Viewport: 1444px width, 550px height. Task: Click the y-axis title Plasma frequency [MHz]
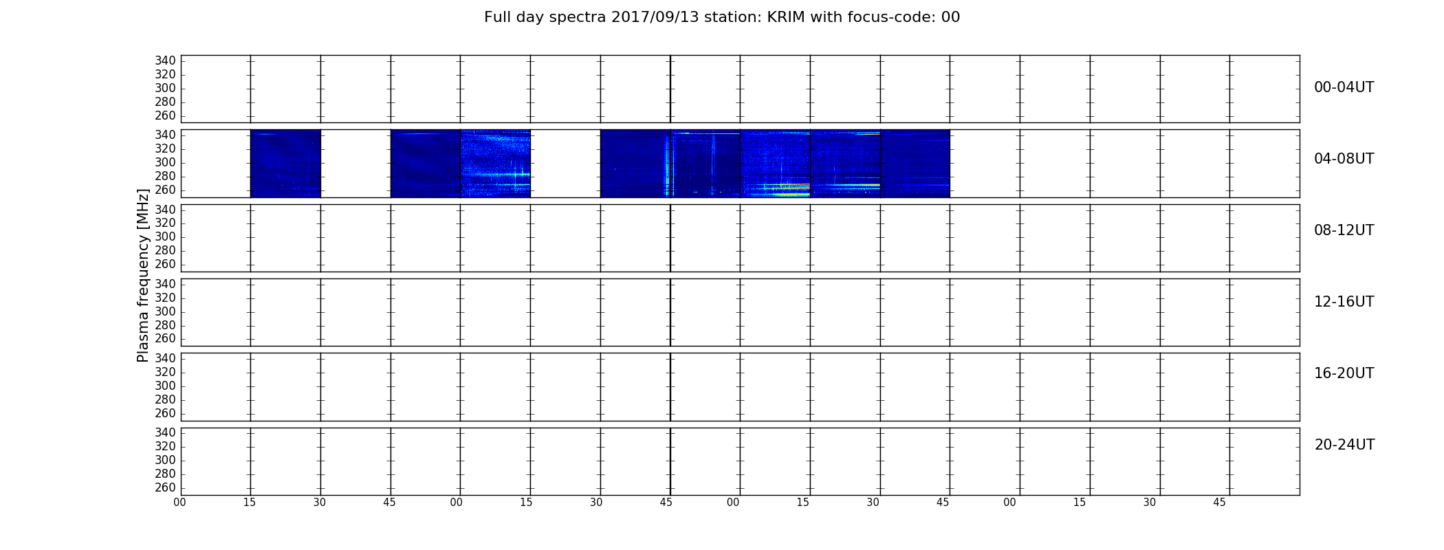(143, 275)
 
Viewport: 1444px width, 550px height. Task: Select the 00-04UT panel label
(1344, 87)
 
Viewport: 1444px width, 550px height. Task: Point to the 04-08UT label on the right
(1344, 159)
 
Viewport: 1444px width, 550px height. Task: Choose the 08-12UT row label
(1344, 230)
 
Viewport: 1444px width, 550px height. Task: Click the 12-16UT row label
(1344, 302)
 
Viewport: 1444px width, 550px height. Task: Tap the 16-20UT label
(1344, 373)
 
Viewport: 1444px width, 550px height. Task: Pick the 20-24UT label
(1344, 445)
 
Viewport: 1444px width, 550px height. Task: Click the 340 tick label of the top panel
(166, 60)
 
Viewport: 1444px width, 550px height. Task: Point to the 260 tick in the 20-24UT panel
(166, 487)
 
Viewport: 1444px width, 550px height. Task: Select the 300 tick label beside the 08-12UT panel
(166, 236)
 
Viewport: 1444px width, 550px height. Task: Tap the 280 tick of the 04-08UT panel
(166, 176)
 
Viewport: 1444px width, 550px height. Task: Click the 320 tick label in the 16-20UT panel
(166, 372)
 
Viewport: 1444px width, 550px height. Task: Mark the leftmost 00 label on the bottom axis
(179, 503)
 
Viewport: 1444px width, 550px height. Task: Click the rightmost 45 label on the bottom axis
(1219, 503)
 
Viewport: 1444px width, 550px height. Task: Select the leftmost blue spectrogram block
(285, 164)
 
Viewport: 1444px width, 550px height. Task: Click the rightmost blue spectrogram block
(915, 164)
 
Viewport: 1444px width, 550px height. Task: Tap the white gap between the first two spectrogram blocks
(355, 164)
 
